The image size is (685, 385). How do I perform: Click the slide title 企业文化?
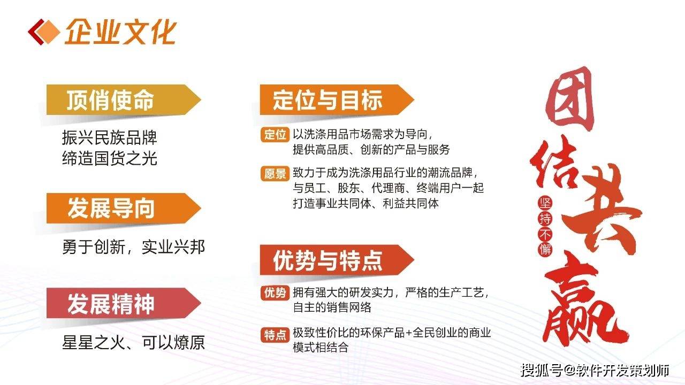120,32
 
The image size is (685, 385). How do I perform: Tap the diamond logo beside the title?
44,32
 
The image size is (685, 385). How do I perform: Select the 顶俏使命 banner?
124,100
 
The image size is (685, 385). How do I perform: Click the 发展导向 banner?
124,208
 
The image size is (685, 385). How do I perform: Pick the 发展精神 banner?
124,303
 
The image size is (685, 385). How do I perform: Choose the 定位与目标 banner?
337,100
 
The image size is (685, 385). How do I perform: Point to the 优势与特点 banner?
337,260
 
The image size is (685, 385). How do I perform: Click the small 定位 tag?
275,134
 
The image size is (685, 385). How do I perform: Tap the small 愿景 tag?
275,174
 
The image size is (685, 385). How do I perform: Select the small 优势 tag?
275,292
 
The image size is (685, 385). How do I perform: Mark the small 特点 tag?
275,335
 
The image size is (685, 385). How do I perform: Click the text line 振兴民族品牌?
110,137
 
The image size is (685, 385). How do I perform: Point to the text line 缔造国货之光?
110,158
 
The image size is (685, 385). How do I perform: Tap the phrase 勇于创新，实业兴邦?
133,247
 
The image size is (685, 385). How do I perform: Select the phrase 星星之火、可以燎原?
133,342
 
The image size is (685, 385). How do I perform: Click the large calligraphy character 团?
569,99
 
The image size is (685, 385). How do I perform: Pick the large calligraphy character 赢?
583,303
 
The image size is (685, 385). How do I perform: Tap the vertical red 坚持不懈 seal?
545,226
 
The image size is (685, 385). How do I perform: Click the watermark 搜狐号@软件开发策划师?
595,371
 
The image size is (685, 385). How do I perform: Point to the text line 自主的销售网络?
332,307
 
